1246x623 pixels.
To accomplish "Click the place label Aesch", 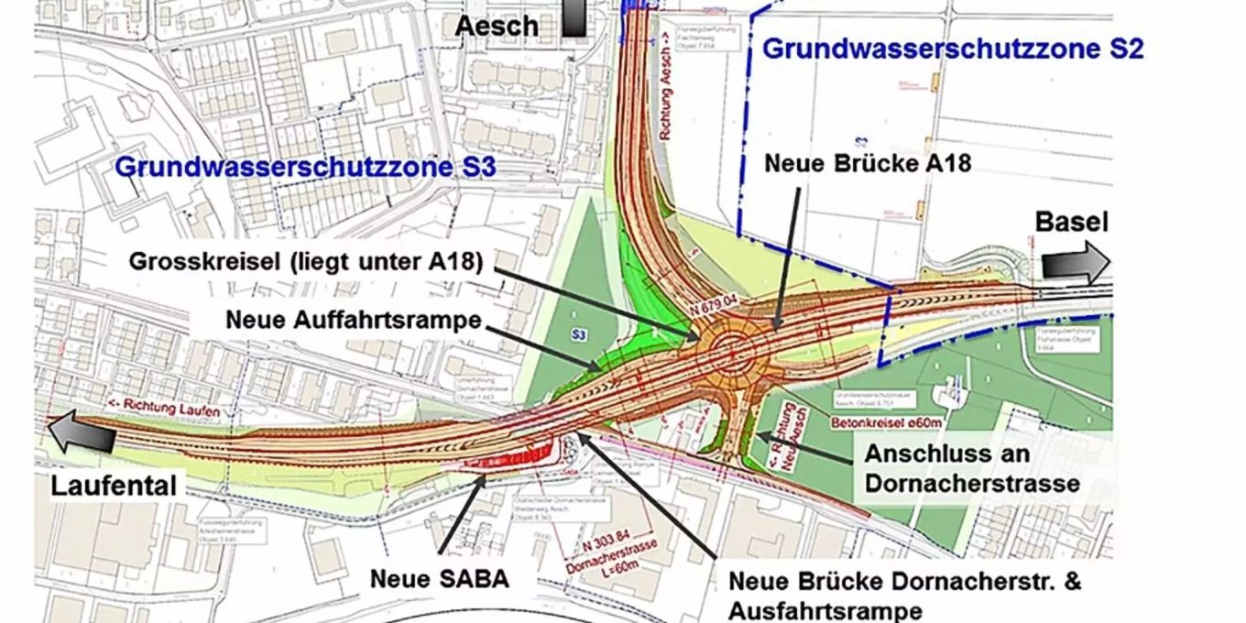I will (x=497, y=25).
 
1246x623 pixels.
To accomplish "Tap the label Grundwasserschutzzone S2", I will (x=953, y=49).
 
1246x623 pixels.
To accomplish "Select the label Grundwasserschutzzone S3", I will (x=305, y=168).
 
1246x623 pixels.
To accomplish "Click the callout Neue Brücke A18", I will (x=867, y=164).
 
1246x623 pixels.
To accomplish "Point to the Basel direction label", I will (x=1071, y=223).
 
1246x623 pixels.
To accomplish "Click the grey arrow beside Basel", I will (x=1074, y=264).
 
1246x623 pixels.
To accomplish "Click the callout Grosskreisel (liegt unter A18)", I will (x=305, y=261).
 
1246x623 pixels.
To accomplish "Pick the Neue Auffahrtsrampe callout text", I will (x=354, y=321).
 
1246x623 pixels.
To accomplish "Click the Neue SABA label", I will (x=439, y=579).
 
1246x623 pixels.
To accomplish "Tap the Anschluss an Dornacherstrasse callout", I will (x=946, y=468).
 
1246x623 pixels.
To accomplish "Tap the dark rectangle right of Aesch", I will (x=574, y=17).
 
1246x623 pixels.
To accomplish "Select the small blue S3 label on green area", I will (x=578, y=336).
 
